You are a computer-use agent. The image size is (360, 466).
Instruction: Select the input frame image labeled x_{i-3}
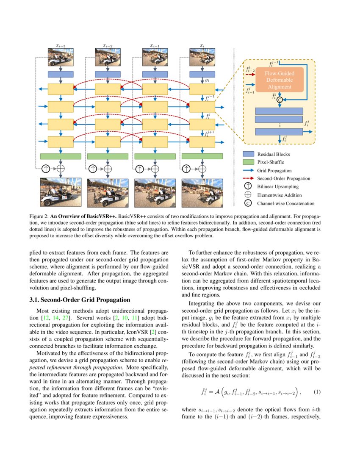tap(61, 57)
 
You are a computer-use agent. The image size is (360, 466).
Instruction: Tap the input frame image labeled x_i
tap(202, 57)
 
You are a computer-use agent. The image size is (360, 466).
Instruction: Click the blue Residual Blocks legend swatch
tap(248, 155)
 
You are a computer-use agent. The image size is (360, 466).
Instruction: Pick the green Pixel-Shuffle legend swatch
tap(248, 162)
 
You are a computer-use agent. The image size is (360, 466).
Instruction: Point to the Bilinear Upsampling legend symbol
tap(248, 186)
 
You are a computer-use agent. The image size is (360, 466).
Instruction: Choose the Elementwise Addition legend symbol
tap(248, 195)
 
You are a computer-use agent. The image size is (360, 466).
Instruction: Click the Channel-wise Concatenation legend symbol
tap(248, 203)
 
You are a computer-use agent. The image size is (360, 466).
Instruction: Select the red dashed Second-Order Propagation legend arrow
tap(248, 178)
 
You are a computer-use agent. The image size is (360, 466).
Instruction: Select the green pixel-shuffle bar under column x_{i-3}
tap(61, 156)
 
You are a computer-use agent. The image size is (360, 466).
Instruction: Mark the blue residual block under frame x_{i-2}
tap(108, 74)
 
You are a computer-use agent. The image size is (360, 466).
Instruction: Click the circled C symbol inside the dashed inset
tap(280, 100)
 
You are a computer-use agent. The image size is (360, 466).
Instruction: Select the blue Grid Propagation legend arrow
tap(248, 170)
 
